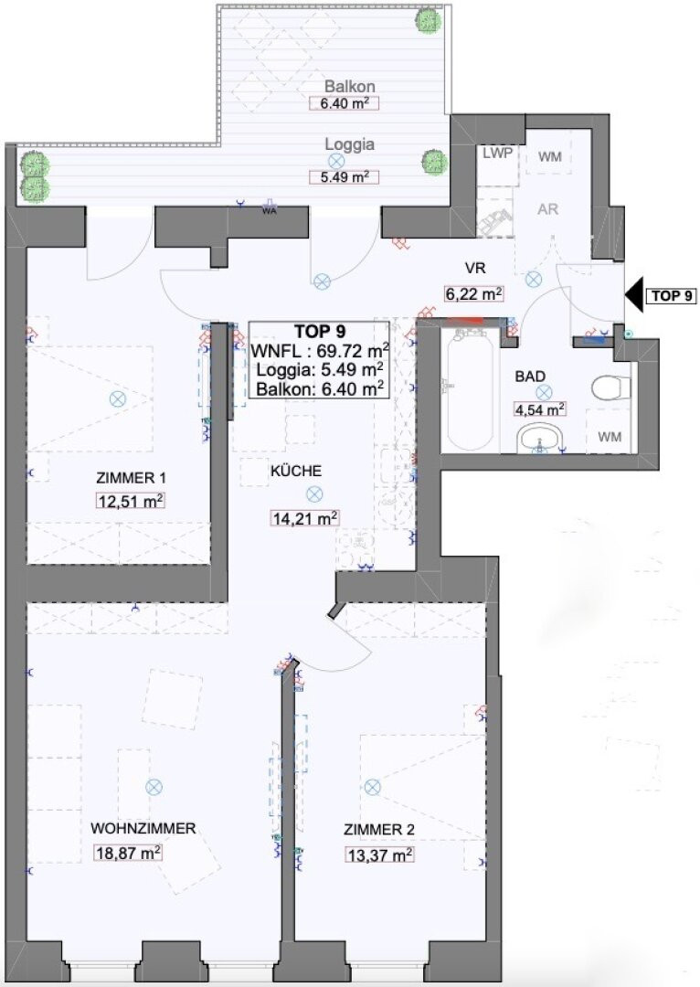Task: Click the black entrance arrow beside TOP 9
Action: coord(633,294)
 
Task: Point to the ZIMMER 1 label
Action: coord(131,478)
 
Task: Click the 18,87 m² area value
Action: coord(129,853)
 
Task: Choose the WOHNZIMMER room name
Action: coord(143,828)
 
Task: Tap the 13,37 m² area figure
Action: coord(379,854)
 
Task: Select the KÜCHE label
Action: coord(296,471)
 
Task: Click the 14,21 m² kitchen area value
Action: coord(305,518)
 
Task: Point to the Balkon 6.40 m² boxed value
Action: coord(345,103)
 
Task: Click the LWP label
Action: coord(497,153)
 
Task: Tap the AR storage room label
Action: coord(547,208)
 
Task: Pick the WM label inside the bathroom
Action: coord(610,436)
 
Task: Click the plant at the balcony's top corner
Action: coord(428,21)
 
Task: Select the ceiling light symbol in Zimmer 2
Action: coord(372,786)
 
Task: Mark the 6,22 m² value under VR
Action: coord(473,292)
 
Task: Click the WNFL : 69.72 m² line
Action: coord(319,350)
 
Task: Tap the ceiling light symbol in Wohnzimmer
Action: coord(154,786)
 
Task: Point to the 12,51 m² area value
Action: coord(131,501)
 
